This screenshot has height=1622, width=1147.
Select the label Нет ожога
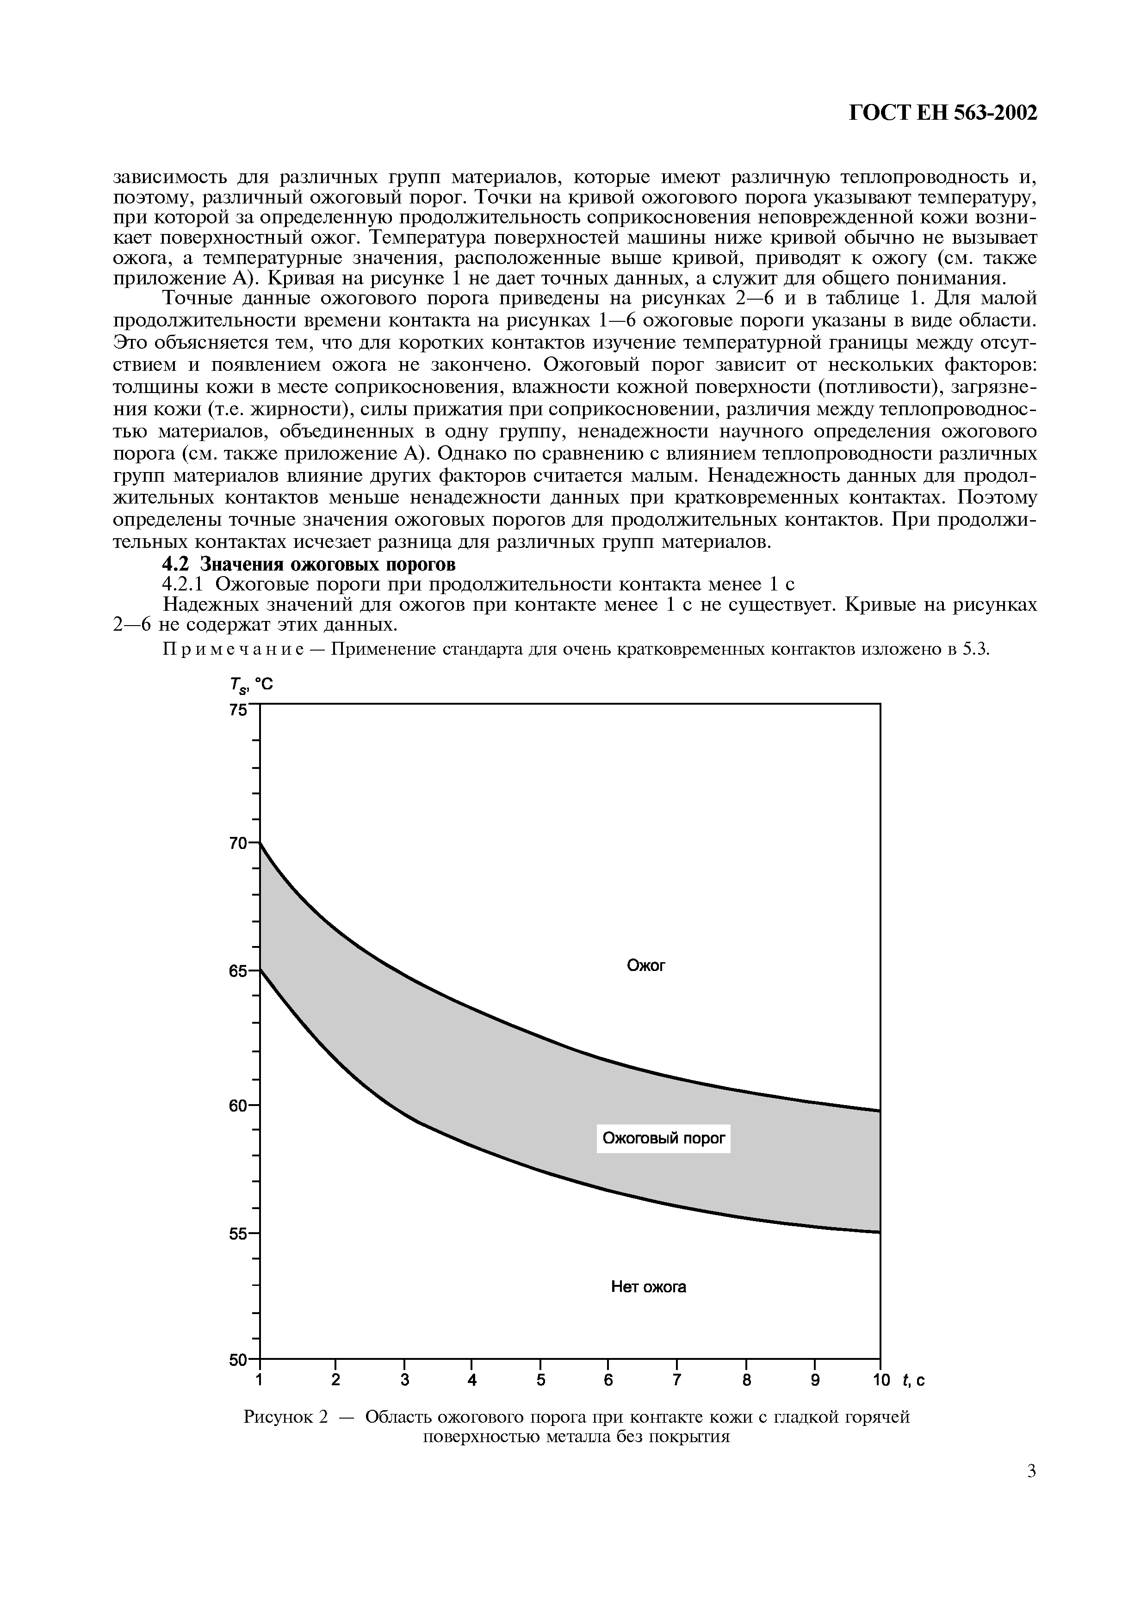click(x=648, y=1287)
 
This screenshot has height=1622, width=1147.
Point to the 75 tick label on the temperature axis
click(x=239, y=710)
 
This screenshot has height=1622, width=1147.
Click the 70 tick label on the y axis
click(x=239, y=843)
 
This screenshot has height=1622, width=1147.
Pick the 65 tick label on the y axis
click(x=239, y=971)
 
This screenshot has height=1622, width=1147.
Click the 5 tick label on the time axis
click(x=540, y=1380)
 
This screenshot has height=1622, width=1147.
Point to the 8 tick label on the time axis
click(x=746, y=1380)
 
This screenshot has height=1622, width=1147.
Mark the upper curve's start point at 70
click(x=261, y=843)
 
